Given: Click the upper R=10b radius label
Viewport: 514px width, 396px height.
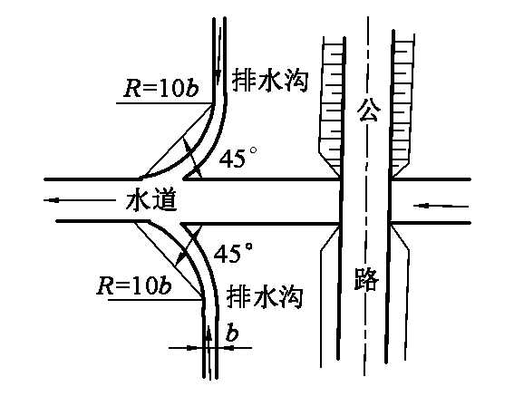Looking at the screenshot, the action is [x=161, y=87].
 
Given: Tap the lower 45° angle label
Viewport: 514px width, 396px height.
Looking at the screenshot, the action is [x=233, y=252].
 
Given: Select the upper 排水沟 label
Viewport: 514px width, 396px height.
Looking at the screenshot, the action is [x=270, y=81].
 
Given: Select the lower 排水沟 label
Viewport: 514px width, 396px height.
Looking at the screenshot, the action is [x=264, y=296].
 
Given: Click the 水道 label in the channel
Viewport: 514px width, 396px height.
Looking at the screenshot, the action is [x=151, y=200].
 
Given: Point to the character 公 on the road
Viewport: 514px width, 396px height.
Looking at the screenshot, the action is [x=369, y=110].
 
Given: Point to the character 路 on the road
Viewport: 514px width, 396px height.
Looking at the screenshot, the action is [x=366, y=278].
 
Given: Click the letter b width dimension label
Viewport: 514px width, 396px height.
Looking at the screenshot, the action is [x=232, y=333].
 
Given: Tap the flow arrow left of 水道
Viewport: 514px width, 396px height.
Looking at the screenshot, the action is [x=80, y=199].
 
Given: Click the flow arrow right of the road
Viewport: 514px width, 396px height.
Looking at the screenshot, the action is [x=441, y=206].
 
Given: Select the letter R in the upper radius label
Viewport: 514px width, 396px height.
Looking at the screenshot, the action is [x=131, y=88].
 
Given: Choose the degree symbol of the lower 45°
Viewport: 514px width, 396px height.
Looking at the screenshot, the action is [x=248, y=246].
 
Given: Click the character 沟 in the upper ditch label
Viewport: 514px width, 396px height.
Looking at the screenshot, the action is [x=296, y=81].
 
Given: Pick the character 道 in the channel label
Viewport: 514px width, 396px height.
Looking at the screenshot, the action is [x=165, y=200].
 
